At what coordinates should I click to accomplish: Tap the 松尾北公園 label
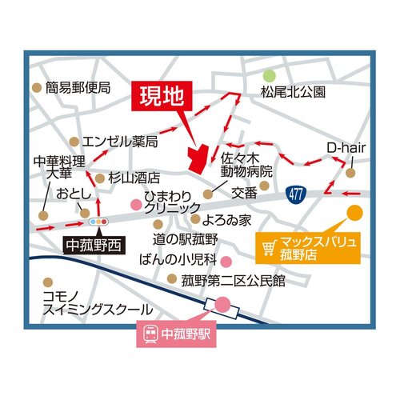[294, 92]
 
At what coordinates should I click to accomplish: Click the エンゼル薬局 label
[119, 141]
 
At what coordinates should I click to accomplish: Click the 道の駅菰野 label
[186, 239]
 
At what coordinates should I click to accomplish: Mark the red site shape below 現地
[197, 156]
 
